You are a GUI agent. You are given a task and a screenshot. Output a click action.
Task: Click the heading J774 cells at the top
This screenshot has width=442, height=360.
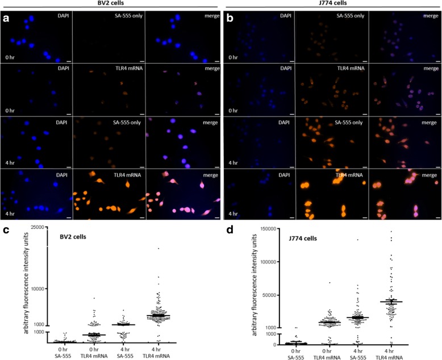pos(332,4)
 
